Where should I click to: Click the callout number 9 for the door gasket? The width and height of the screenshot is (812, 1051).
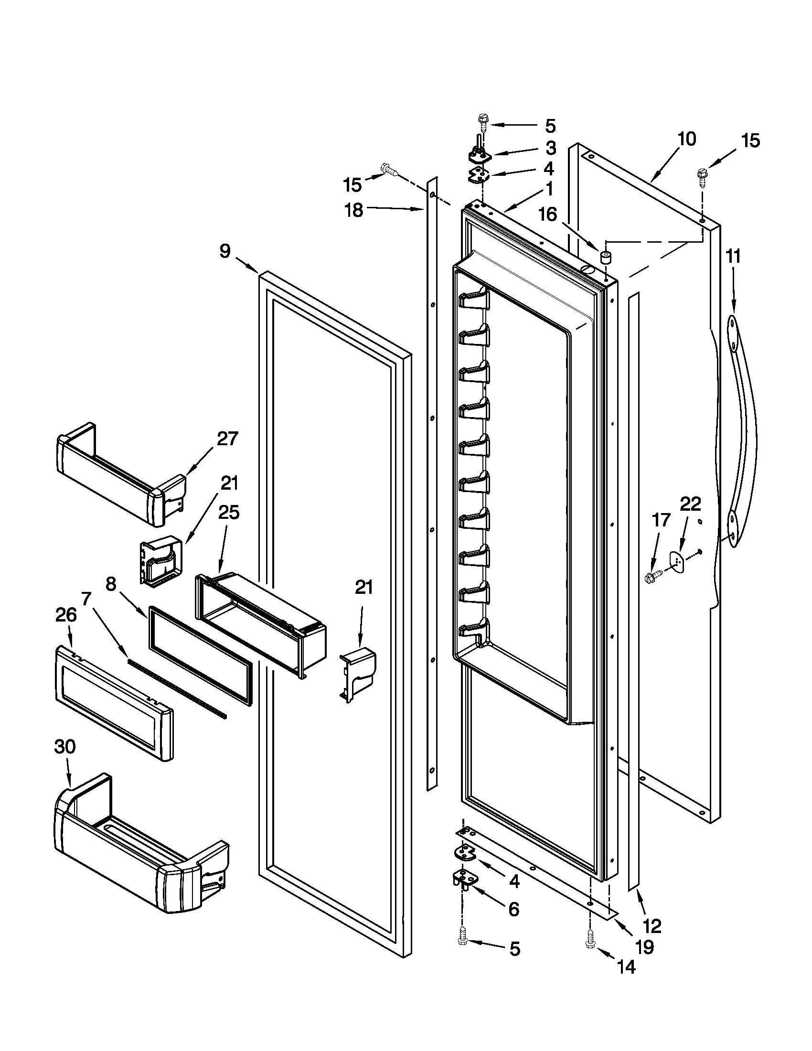[x=225, y=251]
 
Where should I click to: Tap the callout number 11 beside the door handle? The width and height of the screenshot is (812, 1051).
[x=733, y=257]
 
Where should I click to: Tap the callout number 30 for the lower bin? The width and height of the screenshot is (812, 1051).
[x=65, y=747]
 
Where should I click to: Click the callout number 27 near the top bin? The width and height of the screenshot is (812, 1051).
[x=227, y=439]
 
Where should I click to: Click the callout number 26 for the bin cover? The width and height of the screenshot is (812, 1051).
[x=66, y=615]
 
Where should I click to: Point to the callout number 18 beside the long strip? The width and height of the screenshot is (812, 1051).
[x=354, y=210]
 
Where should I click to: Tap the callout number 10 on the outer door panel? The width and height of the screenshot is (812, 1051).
[x=686, y=139]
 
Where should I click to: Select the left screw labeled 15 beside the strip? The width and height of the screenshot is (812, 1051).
[x=389, y=170]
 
